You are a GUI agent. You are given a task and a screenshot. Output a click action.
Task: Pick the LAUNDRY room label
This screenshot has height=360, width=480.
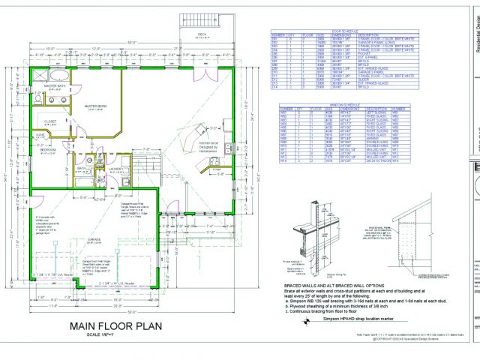click(x=115, y=169)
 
